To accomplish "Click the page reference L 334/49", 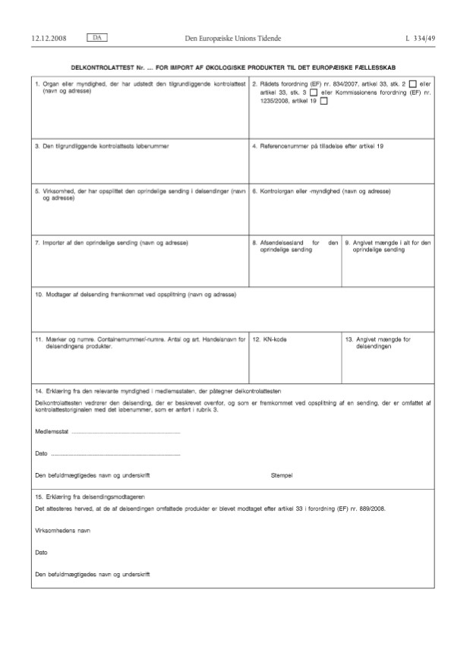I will point(421,37).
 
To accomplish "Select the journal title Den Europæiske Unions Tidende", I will point(235,37).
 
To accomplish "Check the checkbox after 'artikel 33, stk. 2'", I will point(413,84).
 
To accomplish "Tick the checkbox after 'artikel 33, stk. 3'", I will point(314,93).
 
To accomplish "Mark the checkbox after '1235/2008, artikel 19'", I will point(324,103).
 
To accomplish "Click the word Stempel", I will point(282,474).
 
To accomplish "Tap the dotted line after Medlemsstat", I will point(125,432).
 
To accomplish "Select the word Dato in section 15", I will point(41,552).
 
